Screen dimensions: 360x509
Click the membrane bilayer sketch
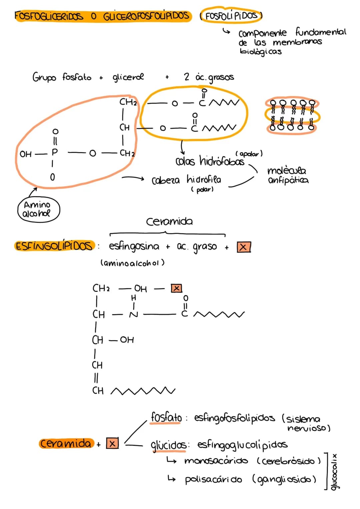click(293, 115)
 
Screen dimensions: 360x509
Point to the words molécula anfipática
click(288, 175)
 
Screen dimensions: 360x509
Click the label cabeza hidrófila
click(186, 180)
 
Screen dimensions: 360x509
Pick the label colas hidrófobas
click(210, 161)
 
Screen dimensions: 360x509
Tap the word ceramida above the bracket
click(169, 222)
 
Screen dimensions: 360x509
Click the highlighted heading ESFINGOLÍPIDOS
click(54, 246)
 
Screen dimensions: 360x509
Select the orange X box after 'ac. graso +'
click(244, 247)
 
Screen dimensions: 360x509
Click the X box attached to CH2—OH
click(176, 288)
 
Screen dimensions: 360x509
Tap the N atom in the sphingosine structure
click(134, 315)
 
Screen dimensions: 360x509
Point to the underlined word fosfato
click(166, 418)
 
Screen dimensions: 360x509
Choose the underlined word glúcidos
click(169, 445)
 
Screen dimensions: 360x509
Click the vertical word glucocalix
click(335, 472)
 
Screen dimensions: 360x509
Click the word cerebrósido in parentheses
click(289, 461)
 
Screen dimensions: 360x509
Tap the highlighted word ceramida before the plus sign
click(66, 444)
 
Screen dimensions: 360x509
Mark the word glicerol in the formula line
click(128, 77)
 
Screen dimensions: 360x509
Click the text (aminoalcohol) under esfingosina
click(133, 263)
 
